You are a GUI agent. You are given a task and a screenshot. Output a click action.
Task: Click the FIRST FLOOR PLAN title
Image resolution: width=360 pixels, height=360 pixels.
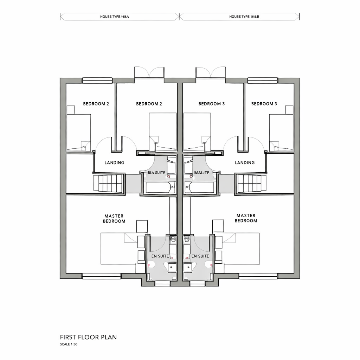pos(88,337)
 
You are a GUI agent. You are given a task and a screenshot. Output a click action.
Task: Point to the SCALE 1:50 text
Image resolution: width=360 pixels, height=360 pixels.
pos(69,345)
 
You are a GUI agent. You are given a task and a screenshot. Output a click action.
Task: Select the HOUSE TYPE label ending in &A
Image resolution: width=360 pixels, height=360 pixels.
pos(115,17)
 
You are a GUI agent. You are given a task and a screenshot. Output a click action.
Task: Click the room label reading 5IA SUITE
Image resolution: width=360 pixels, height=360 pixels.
pos(156,173)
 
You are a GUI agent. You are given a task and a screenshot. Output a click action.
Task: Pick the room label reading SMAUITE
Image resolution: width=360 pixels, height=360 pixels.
pos(201,173)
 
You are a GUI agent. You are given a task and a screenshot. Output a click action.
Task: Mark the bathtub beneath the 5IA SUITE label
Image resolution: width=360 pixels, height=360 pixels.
pos(160,187)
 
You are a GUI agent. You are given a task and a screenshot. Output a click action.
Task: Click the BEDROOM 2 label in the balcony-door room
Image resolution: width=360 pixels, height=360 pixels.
pos(149,104)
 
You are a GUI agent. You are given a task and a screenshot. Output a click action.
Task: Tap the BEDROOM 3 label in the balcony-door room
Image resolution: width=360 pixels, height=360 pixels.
pos(211,104)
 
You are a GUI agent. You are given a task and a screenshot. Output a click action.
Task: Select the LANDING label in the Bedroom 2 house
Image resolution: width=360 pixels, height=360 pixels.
pos(114,163)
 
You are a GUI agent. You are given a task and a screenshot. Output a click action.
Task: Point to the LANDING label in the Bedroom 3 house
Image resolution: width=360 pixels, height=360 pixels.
pos(244,163)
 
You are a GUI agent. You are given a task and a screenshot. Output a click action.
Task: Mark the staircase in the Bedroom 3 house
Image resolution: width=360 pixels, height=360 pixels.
pos(250,183)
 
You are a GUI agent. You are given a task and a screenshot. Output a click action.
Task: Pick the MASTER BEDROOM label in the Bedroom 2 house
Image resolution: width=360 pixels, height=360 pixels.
pos(114,218)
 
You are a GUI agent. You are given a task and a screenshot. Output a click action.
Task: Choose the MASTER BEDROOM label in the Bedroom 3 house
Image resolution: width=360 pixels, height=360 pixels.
pos(246,218)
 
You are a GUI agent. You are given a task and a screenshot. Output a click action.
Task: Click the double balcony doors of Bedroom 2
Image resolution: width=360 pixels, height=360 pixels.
pos(149,73)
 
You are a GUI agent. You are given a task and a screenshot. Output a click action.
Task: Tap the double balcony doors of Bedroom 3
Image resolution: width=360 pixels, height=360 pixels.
pos(211,73)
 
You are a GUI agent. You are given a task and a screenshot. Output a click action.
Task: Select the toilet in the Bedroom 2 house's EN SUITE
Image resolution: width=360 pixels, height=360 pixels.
pos(173,240)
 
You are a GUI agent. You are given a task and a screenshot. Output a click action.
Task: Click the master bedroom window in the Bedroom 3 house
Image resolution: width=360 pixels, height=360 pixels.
pos(258,276)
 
